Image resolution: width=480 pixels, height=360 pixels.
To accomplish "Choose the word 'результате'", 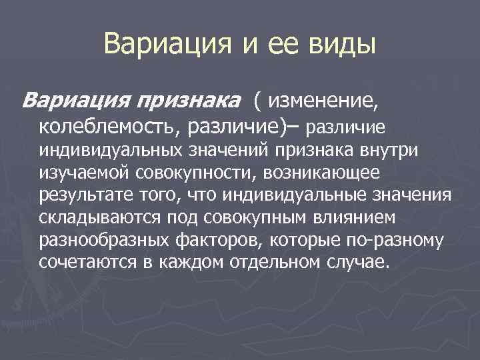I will pyautogui.click(x=81, y=195).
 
